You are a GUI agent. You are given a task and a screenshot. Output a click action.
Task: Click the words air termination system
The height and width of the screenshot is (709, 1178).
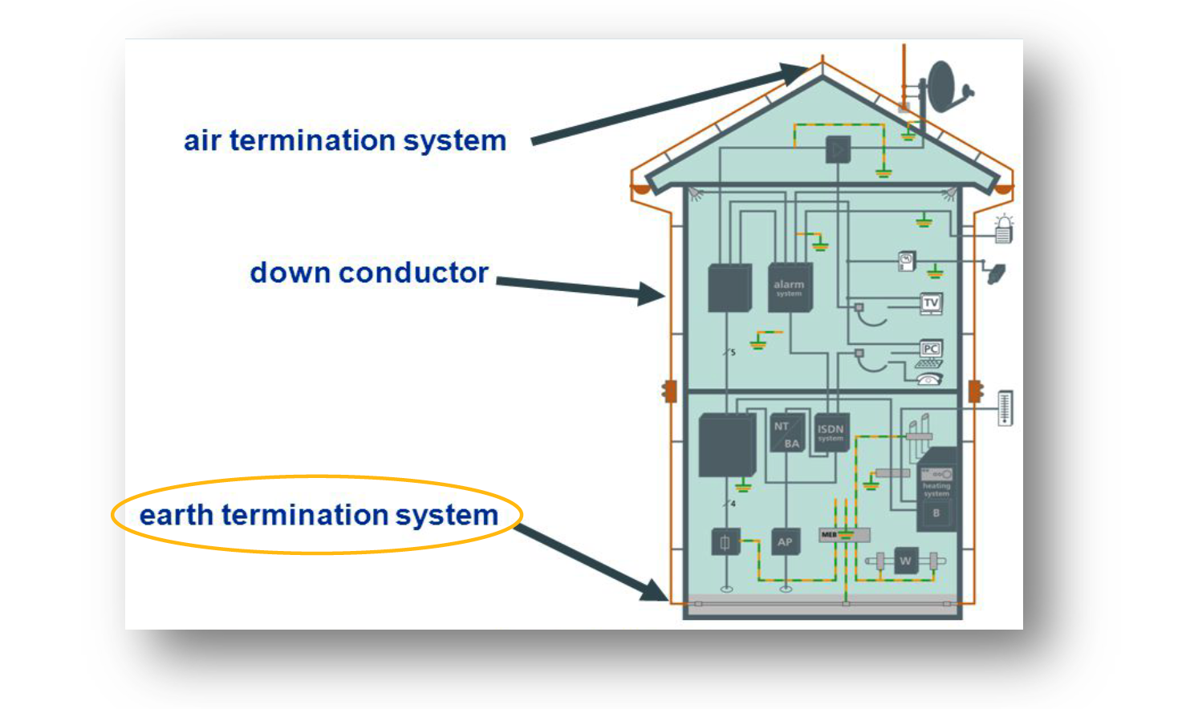[345, 141]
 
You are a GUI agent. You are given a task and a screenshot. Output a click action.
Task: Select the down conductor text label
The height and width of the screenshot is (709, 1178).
[369, 273]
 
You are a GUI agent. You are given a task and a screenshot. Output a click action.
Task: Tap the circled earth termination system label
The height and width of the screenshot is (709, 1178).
[319, 515]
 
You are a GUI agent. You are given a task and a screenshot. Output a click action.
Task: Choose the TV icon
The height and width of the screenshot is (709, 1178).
[931, 303]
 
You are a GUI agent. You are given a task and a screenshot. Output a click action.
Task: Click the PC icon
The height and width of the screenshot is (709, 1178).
[930, 349]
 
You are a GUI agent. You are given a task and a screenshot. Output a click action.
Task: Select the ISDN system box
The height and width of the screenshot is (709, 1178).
[831, 433]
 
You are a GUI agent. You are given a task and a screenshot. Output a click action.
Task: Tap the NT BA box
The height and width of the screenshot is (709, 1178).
[787, 434]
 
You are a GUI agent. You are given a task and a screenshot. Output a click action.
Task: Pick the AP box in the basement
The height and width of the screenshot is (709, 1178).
[785, 542]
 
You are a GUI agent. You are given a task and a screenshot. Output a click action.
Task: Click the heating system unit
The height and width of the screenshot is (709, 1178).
[936, 490]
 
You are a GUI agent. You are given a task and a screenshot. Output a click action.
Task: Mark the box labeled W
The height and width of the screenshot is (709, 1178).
[906, 561]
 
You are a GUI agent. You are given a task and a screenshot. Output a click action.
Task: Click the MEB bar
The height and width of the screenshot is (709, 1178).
[844, 534]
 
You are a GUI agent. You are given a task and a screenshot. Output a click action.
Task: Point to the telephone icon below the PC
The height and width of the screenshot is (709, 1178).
[929, 379]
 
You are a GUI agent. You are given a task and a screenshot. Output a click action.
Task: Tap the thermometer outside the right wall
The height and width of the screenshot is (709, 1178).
[1005, 407]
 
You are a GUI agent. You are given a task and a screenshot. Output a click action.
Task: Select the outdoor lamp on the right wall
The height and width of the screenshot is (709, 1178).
[1003, 229]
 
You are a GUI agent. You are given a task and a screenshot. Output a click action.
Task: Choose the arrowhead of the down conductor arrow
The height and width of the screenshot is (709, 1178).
[652, 294]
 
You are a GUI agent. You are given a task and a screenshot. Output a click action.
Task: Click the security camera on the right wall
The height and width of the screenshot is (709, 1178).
[996, 273]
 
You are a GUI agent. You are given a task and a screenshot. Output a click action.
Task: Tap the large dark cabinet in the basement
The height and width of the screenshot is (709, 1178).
[727, 445]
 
